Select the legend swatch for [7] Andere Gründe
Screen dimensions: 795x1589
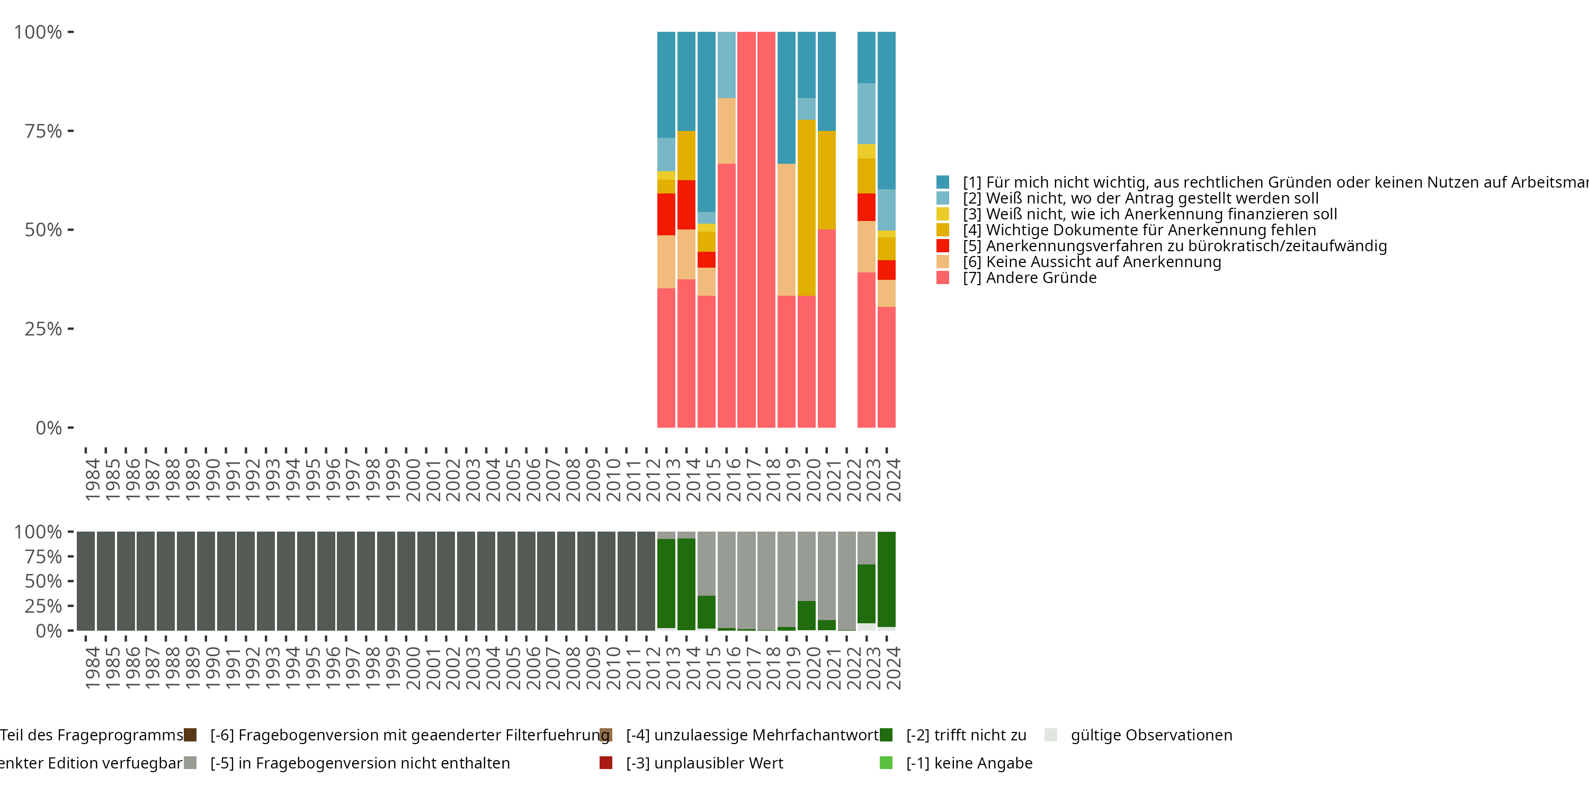943,278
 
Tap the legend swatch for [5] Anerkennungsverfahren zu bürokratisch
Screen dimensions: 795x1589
943,246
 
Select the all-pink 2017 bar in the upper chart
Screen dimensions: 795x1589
746,229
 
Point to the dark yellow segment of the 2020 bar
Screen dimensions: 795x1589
806,207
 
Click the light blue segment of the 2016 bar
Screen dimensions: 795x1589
726,65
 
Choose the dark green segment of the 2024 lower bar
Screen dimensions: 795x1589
887,579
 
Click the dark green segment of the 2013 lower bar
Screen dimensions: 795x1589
666,584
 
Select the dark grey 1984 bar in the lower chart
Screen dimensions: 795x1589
86,581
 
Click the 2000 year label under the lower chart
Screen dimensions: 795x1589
413,668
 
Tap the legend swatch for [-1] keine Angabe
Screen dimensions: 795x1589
886,763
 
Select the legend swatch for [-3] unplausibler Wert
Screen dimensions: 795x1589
606,763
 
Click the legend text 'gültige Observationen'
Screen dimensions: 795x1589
1151,735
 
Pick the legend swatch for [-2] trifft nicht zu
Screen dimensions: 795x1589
886,735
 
